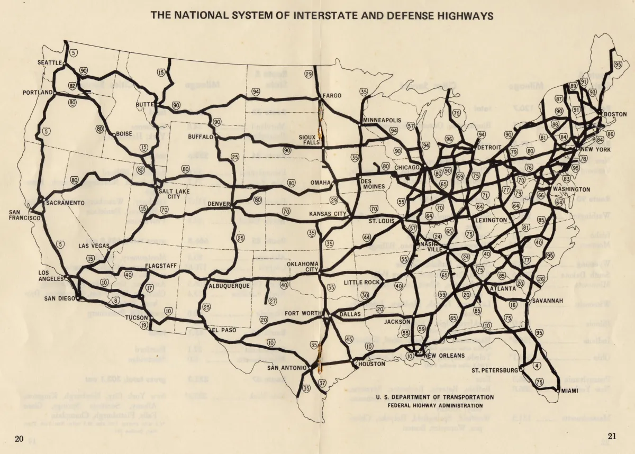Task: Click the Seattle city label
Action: pyautogui.click(x=50, y=62)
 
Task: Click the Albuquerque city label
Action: pyautogui.click(x=229, y=286)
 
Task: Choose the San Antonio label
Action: pyautogui.click(x=286, y=368)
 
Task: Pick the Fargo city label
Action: pyautogui.click(x=332, y=96)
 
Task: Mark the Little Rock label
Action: pyautogui.click(x=362, y=283)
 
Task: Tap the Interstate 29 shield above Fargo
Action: pyautogui.click(x=309, y=75)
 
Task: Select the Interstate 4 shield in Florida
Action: pyautogui.click(x=537, y=365)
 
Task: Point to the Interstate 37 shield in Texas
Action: pyautogui.click(x=322, y=383)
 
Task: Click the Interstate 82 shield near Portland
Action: pyautogui.click(x=72, y=85)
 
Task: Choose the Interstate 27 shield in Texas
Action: pyautogui.click(x=273, y=301)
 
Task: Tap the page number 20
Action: pyautogui.click(x=19, y=438)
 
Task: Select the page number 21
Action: pyautogui.click(x=612, y=437)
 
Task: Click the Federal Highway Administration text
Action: pyautogui.click(x=436, y=405)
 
